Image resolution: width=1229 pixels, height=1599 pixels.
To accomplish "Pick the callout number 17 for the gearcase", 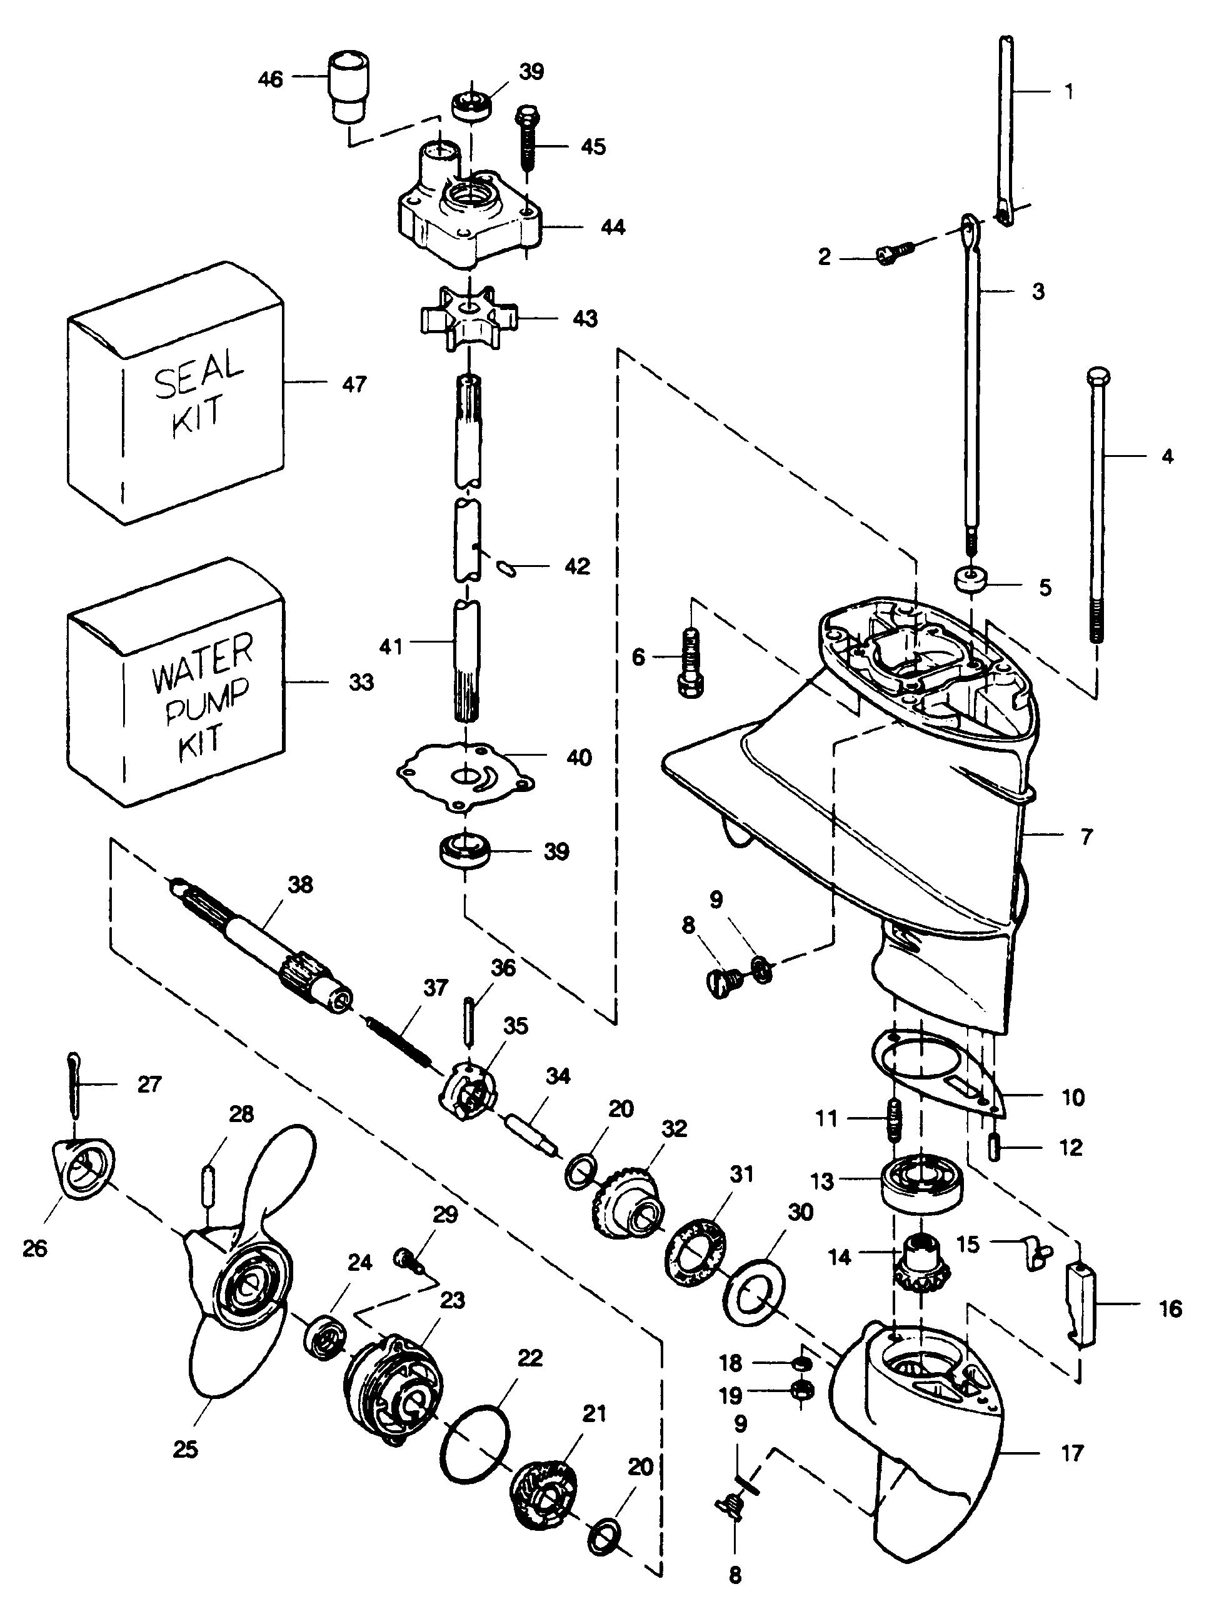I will [x=1071, y=1453].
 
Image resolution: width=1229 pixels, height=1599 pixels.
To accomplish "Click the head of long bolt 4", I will [x=1097, y=378].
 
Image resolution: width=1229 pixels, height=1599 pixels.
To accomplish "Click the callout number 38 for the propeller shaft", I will [x=301, y=885].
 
